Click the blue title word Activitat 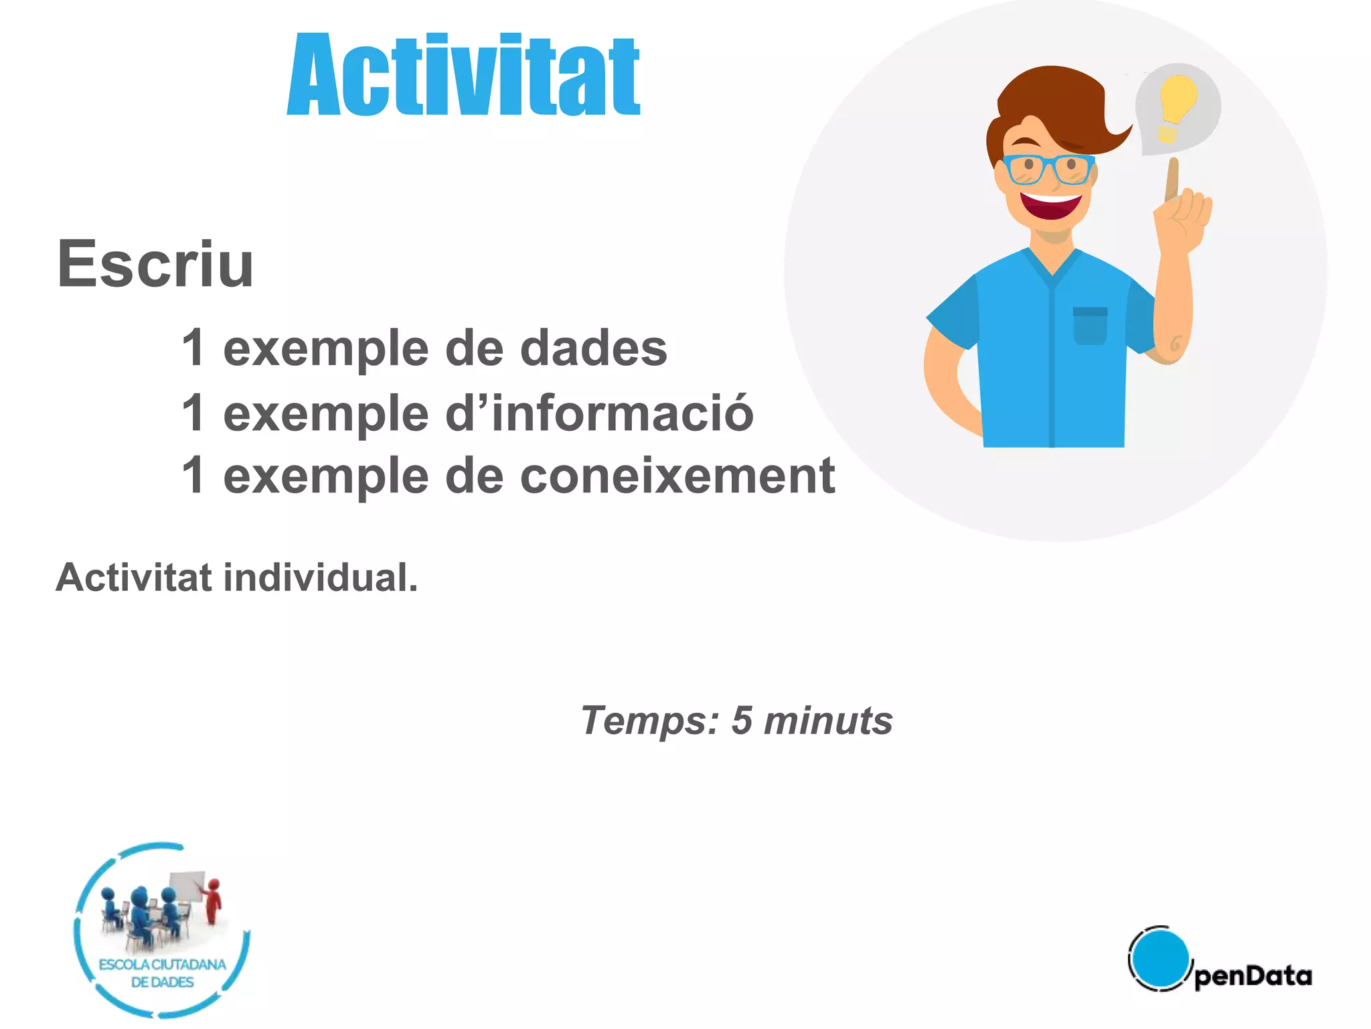463,75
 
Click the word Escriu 155,265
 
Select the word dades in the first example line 594,348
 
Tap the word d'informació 599,413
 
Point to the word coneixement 677,476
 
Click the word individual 320,577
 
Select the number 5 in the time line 741,721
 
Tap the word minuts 828,721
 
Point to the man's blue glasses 1048,168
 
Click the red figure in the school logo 213,901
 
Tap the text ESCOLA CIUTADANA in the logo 163,965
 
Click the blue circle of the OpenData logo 1159,957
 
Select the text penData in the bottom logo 1253,975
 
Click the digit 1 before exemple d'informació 193,413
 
